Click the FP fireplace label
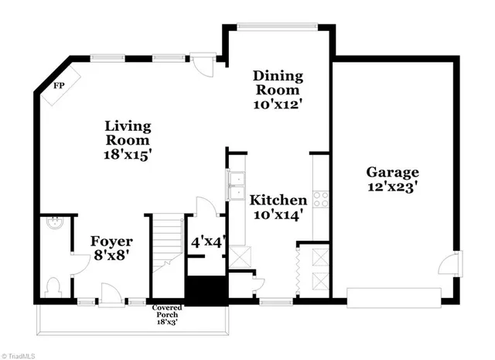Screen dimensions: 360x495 tap(57, 85)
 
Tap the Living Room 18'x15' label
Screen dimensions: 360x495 tap(128, 140)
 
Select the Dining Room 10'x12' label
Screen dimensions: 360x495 tap(278, 90)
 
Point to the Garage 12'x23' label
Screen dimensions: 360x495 tap(392, 179)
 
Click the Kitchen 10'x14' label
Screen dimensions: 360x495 tap(278, 207)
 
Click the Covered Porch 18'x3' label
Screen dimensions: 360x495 tap(168, 313)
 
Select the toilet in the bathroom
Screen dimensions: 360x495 tap(53, 287)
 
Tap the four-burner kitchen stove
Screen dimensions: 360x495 tap(319, 197)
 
